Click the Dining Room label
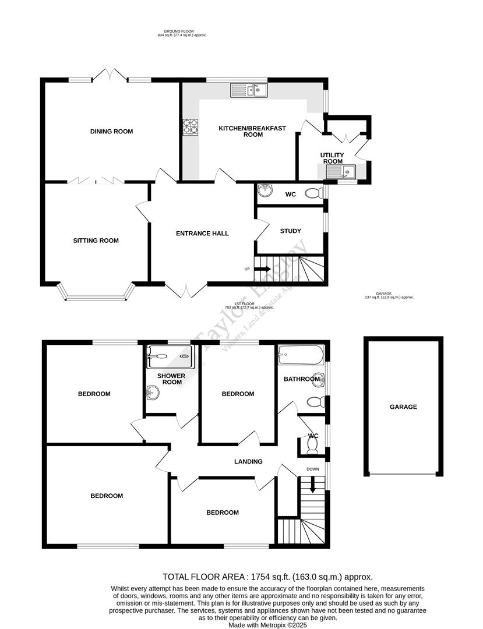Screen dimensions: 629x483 [x=111, y=132]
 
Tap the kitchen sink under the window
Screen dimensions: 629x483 [x=249, y=90]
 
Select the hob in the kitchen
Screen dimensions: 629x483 [x=191, y=126]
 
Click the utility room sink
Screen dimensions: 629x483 [x=341, y=171]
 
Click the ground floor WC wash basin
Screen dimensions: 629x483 [x=265, y=190]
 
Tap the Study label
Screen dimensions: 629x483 [x=290, y=231]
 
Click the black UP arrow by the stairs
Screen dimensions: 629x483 [x=262, y=269]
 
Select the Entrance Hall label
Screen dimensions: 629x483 [x=202, y=234]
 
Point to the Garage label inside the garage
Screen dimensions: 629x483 [x=403, y=407]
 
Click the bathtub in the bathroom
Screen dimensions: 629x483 [x=301, y=354]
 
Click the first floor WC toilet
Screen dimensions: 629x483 [x=312, y=445]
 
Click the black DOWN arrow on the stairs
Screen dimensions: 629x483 [x=313, y=484]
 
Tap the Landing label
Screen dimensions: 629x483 [x=248, y=462]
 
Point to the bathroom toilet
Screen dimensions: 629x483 [x=315, y=402]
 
